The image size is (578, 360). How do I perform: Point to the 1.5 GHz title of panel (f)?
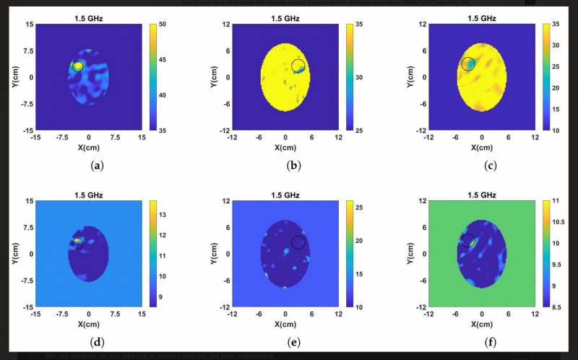click(481, 194)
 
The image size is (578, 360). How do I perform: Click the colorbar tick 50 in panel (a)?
click(165, 25)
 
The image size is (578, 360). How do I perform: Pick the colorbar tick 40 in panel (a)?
click(165, 95)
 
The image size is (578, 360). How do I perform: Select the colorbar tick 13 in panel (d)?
click(163, 215)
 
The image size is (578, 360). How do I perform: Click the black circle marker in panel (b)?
click(298, 66)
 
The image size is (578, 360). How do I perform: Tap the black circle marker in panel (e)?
click(298, 241)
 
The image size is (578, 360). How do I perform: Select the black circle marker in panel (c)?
click(468, 64)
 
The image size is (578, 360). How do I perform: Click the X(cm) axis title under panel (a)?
click(88, 147)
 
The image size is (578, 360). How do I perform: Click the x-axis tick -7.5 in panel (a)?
click(62, 137)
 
